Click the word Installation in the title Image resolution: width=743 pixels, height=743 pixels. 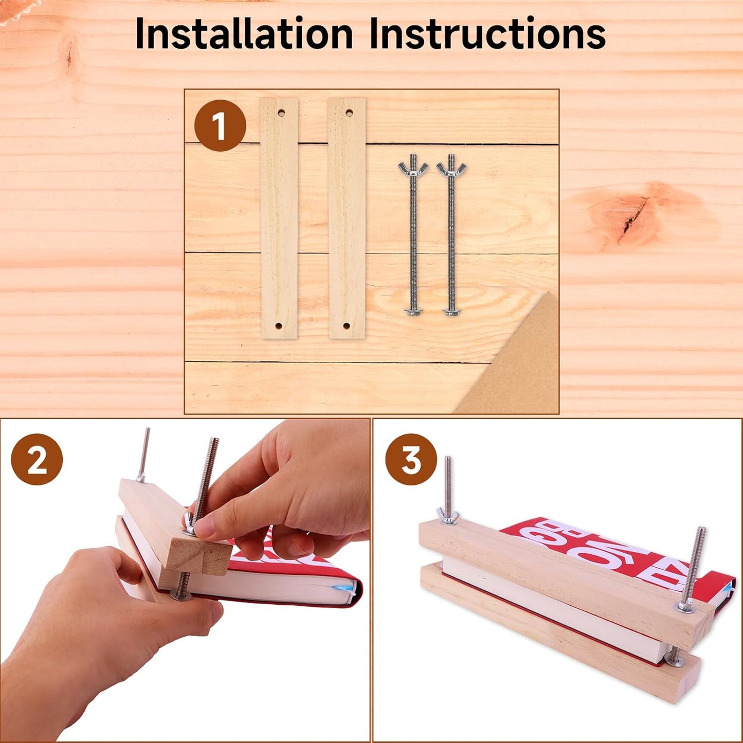pyautogui.click(x=244, y=33)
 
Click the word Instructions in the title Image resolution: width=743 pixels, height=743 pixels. pyautogui.click(x=487, y=33)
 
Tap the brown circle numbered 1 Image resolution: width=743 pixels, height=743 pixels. pyautogui.click(x=220, y=125)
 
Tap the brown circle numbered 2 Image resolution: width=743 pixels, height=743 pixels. pyautogui.click(x=37, y=459)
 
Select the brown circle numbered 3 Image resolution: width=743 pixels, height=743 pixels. pyautogui.click(x=411, y=459)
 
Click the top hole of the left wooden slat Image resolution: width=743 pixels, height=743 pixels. pyautogui.click(x=281, y=112)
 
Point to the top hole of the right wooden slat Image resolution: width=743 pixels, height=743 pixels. pyautogui.click(x=349, y=112)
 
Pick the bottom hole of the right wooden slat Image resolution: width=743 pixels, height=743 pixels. pyautogui.click(x=346, y=326)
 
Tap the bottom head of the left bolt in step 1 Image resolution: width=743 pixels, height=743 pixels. pyautogui.click(x=412, y=311)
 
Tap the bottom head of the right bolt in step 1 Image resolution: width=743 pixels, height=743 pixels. pyautogui.click(x=451, y=311)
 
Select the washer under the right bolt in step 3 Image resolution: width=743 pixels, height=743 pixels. pyautogui.click(x=685, y=608)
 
